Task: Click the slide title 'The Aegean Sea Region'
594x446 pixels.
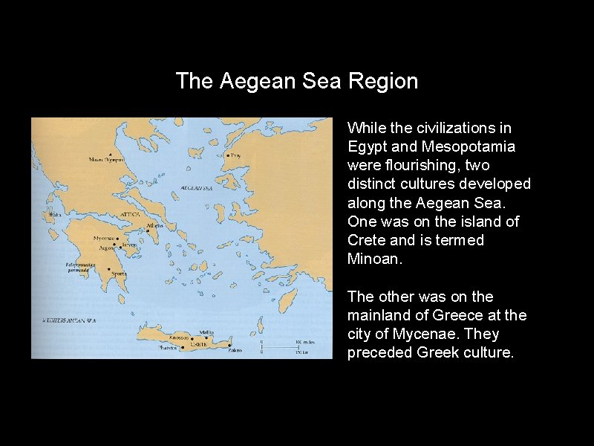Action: (x=297, y=81)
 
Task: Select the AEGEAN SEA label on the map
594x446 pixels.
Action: (x=198, y=189)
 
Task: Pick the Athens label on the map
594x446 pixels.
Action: (x=154, y=225)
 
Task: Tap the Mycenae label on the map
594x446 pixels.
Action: (x=103, y=238)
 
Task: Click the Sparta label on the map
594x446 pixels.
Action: (x=120, y=274)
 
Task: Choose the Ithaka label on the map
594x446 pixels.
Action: (x=54, y=215)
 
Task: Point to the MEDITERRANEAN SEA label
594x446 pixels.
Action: (x=70, y=320)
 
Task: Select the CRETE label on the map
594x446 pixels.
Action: (x=198, y=344)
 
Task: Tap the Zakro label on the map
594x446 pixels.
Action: (x=235, y=349)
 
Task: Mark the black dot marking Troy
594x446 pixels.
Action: (x=227, y=156)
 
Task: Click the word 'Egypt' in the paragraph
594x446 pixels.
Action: (x=367, y=146)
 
